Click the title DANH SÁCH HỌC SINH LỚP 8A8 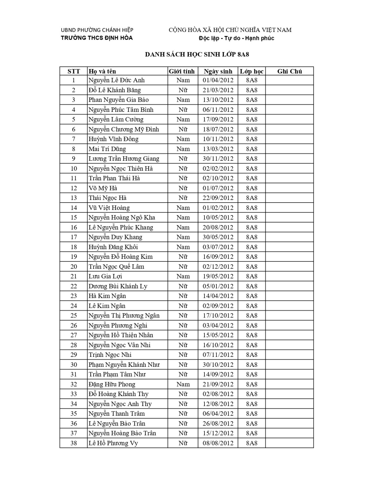click(x=197, y=54)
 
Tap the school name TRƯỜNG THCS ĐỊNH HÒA click(x=96, y=38)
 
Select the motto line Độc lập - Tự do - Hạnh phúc click(x=236, y=38)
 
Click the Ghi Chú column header click(x=289, y=71)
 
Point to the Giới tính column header click(x=182, y=71)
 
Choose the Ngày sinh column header click(x=218, y=71)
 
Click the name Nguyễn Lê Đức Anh click(x=116, y=80)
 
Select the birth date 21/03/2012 click(x=218, y=90)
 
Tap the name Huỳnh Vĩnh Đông click(x=114, y=139)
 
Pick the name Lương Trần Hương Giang click(x=124, y=159)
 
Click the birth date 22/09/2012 click(x=218, y=198)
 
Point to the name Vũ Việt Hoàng click(x=109, y=208)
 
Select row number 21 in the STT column click(x=74, y=276)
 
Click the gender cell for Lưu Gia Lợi click(x=183, y=276)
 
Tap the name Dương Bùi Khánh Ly click(x=118, y=286)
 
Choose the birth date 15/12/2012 click(x=218, y=433)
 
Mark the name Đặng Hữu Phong click(x=112, y=384)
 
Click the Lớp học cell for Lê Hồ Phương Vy click(x=252, y=443)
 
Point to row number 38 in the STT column click(x=74, y=443)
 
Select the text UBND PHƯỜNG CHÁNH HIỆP click(x=97, y=30)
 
